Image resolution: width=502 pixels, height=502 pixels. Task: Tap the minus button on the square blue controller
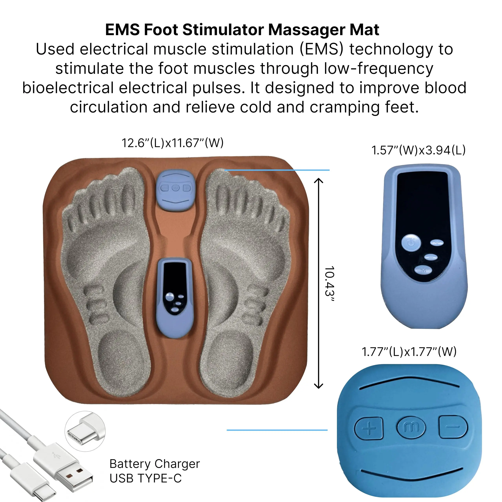tap(453, 427)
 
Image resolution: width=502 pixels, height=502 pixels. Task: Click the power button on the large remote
tap(411, 243)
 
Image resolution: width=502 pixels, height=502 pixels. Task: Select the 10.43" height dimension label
tap(329, 284)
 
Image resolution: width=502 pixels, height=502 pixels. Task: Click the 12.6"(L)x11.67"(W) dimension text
tap(173, 143)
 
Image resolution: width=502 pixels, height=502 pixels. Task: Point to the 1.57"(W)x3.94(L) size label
tap(418, 150)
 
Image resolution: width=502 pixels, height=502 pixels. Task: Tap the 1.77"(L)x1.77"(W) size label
tap(409, 352)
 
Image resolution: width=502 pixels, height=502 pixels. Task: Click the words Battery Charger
tap(155, 464)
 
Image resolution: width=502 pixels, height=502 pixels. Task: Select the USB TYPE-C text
tap(146, 478)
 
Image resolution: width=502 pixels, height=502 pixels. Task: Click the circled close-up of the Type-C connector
tap(85, 431)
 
